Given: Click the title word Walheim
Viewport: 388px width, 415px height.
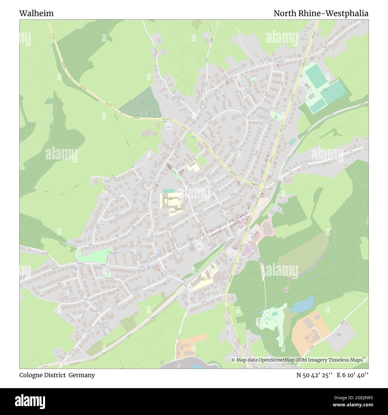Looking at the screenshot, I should (36, 13).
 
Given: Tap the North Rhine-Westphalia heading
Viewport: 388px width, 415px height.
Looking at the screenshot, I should (321, 13).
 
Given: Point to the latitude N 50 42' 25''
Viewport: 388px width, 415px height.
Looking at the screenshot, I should (314, 375).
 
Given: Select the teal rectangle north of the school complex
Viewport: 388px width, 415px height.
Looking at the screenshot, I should (168, 190).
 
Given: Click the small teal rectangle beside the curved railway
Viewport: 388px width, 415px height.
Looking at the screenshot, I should (292, 141).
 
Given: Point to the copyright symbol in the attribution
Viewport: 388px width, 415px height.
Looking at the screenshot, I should (233, 360).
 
